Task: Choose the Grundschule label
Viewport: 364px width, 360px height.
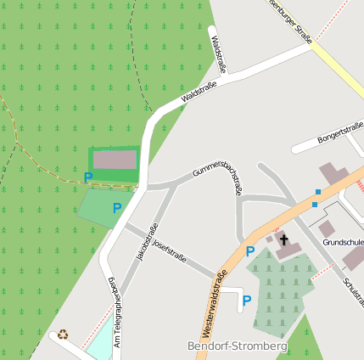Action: click(x=343, y=242)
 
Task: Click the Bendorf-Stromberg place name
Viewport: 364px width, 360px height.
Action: click(x=237, y=346)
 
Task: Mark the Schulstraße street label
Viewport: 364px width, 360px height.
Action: click(x=352, y=290)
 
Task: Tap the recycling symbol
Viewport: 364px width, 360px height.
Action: click(x=63, y=335)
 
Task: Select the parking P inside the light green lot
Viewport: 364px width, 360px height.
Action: click(x=117, y=207)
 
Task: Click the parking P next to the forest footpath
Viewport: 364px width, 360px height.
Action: click(x=87, y=177)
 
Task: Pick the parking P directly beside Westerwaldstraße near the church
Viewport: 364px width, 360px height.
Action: click(x=249, y=251)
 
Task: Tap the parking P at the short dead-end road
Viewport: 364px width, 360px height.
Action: click(x=246, y=300)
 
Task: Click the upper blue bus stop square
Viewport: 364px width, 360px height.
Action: click(x=318, y=192)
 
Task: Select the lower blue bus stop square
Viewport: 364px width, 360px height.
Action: click(x=314, y=204)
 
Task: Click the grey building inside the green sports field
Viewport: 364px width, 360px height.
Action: click(x=115, y=160)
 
